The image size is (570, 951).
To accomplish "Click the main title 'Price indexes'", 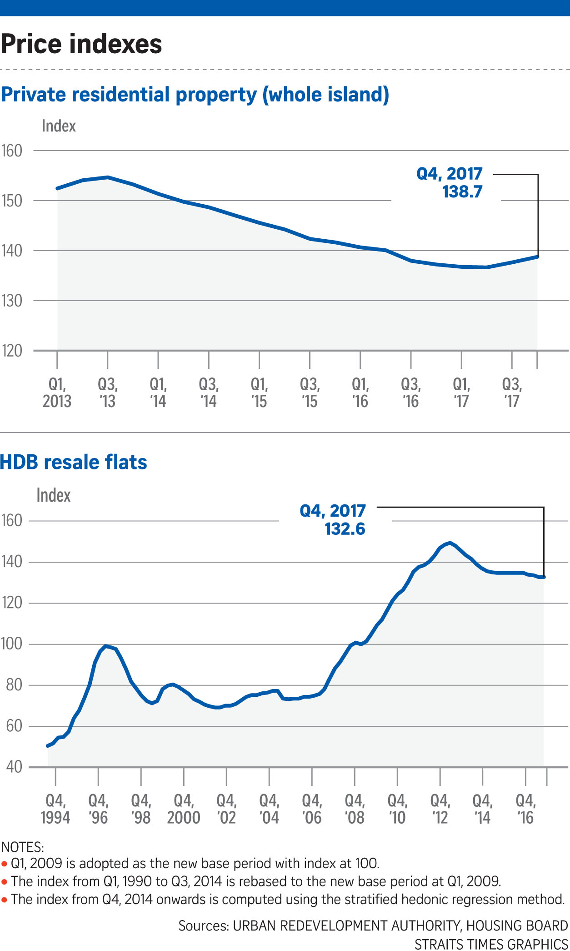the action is pos(81,44).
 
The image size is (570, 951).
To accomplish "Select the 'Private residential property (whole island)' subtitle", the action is pos(195,95).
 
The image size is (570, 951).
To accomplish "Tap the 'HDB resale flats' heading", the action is pos(74,462).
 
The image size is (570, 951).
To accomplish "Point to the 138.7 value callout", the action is pos(462,191).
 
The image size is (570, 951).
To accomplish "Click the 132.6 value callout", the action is pos(345,529).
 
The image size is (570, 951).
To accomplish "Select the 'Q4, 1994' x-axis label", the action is pos(55,809).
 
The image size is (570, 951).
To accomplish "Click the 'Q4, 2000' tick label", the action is pos(184,809).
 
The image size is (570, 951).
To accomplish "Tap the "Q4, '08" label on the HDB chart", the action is pos(355,809).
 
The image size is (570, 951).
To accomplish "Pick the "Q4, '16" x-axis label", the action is pos(526,809).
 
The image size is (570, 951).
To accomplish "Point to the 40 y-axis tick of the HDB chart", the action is pos(14,767).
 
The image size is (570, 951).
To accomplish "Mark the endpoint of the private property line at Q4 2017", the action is pos(538,257).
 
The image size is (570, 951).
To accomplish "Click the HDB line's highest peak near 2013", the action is pos(450,543).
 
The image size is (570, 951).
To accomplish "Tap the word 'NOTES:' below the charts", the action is pos(23,847).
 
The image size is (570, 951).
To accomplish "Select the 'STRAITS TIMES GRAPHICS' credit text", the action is pos(491,944).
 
